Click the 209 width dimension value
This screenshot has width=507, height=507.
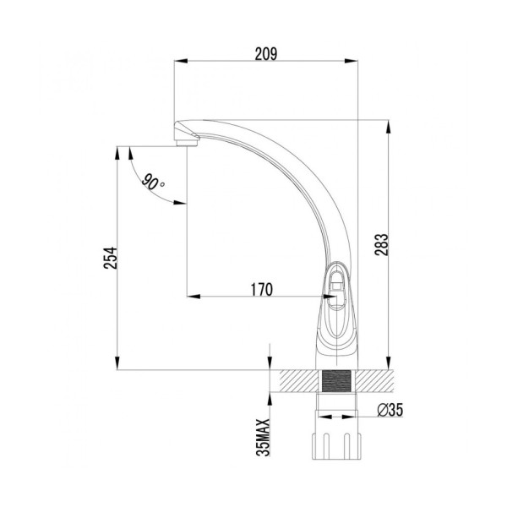click(266, 52)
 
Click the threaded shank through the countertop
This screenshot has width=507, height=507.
click(336, 380)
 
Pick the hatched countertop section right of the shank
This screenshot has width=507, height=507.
click(375, 380)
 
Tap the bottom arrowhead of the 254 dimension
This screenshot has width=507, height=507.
click(117, 364)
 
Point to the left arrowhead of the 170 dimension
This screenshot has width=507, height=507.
click(190, 297)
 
